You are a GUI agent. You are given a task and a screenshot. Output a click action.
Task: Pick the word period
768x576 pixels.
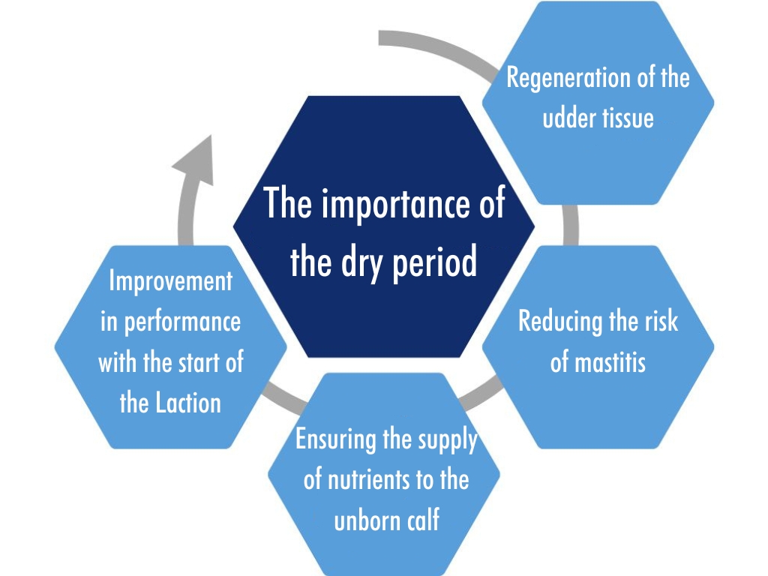point(435,262)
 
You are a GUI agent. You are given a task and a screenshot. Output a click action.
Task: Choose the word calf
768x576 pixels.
point(421,520)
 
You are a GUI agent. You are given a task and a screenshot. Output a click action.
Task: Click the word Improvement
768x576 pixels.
point(171,281)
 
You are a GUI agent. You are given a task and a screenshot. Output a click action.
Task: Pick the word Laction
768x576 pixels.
point(188,403)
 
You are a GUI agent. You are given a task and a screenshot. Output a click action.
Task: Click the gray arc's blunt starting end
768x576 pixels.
point(380,38)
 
